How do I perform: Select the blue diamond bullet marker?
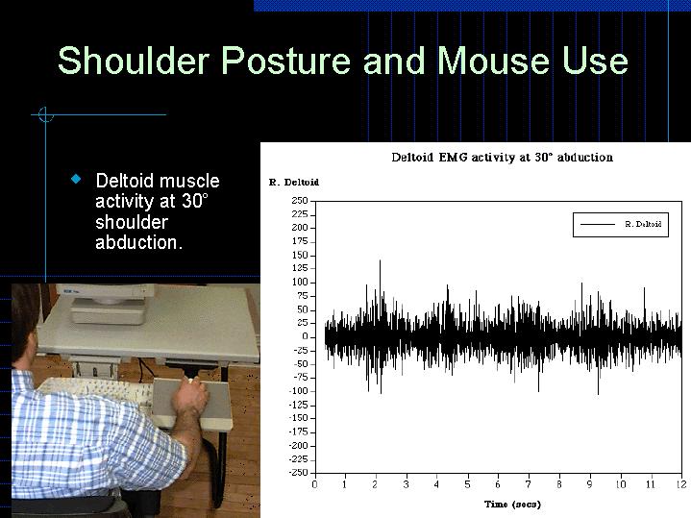tap(76, 180)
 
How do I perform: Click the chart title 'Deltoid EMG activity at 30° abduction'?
tap(502, 157)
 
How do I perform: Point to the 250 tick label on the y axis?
tap(299, 200)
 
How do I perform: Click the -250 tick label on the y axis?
tap(297, 472)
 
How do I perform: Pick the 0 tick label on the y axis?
tap(305, 336)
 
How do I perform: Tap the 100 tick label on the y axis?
tap(299, 282)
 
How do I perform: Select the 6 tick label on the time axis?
tap(498, 484)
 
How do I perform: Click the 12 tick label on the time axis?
tap(681, 484)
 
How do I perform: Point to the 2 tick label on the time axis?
tap(376, 484)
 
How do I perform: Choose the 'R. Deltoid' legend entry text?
tap(643, 224)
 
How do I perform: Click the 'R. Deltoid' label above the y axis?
tap(293, 182)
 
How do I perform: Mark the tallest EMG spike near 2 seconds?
tap(381, 262)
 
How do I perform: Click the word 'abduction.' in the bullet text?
tap(138, 243)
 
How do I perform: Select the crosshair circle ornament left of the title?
tap(44, 115)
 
